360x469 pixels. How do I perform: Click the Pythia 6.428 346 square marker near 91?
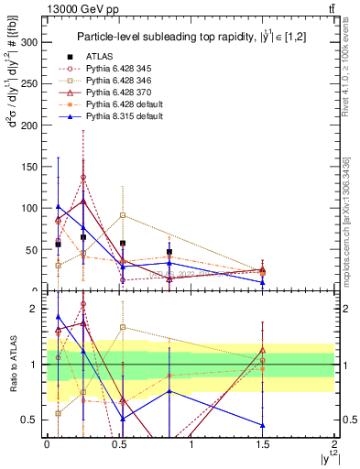click(x=123, y=215)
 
